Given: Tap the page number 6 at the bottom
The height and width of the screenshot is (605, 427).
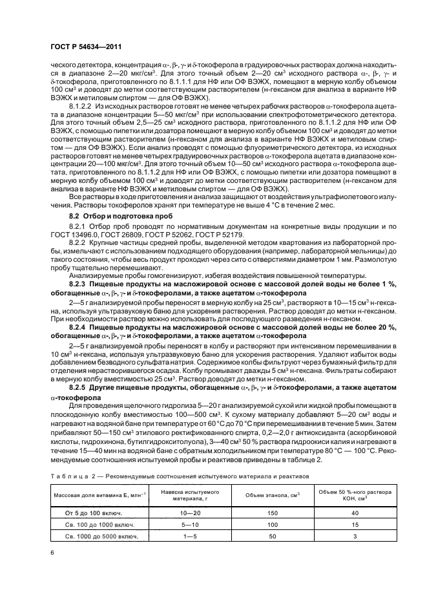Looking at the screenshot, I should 52,553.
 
